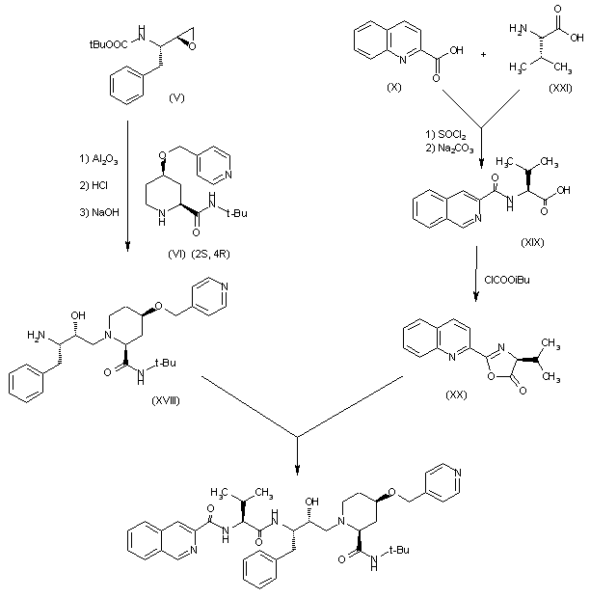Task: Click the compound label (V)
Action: click(176, 98)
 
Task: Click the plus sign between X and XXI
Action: click(483, 53)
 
